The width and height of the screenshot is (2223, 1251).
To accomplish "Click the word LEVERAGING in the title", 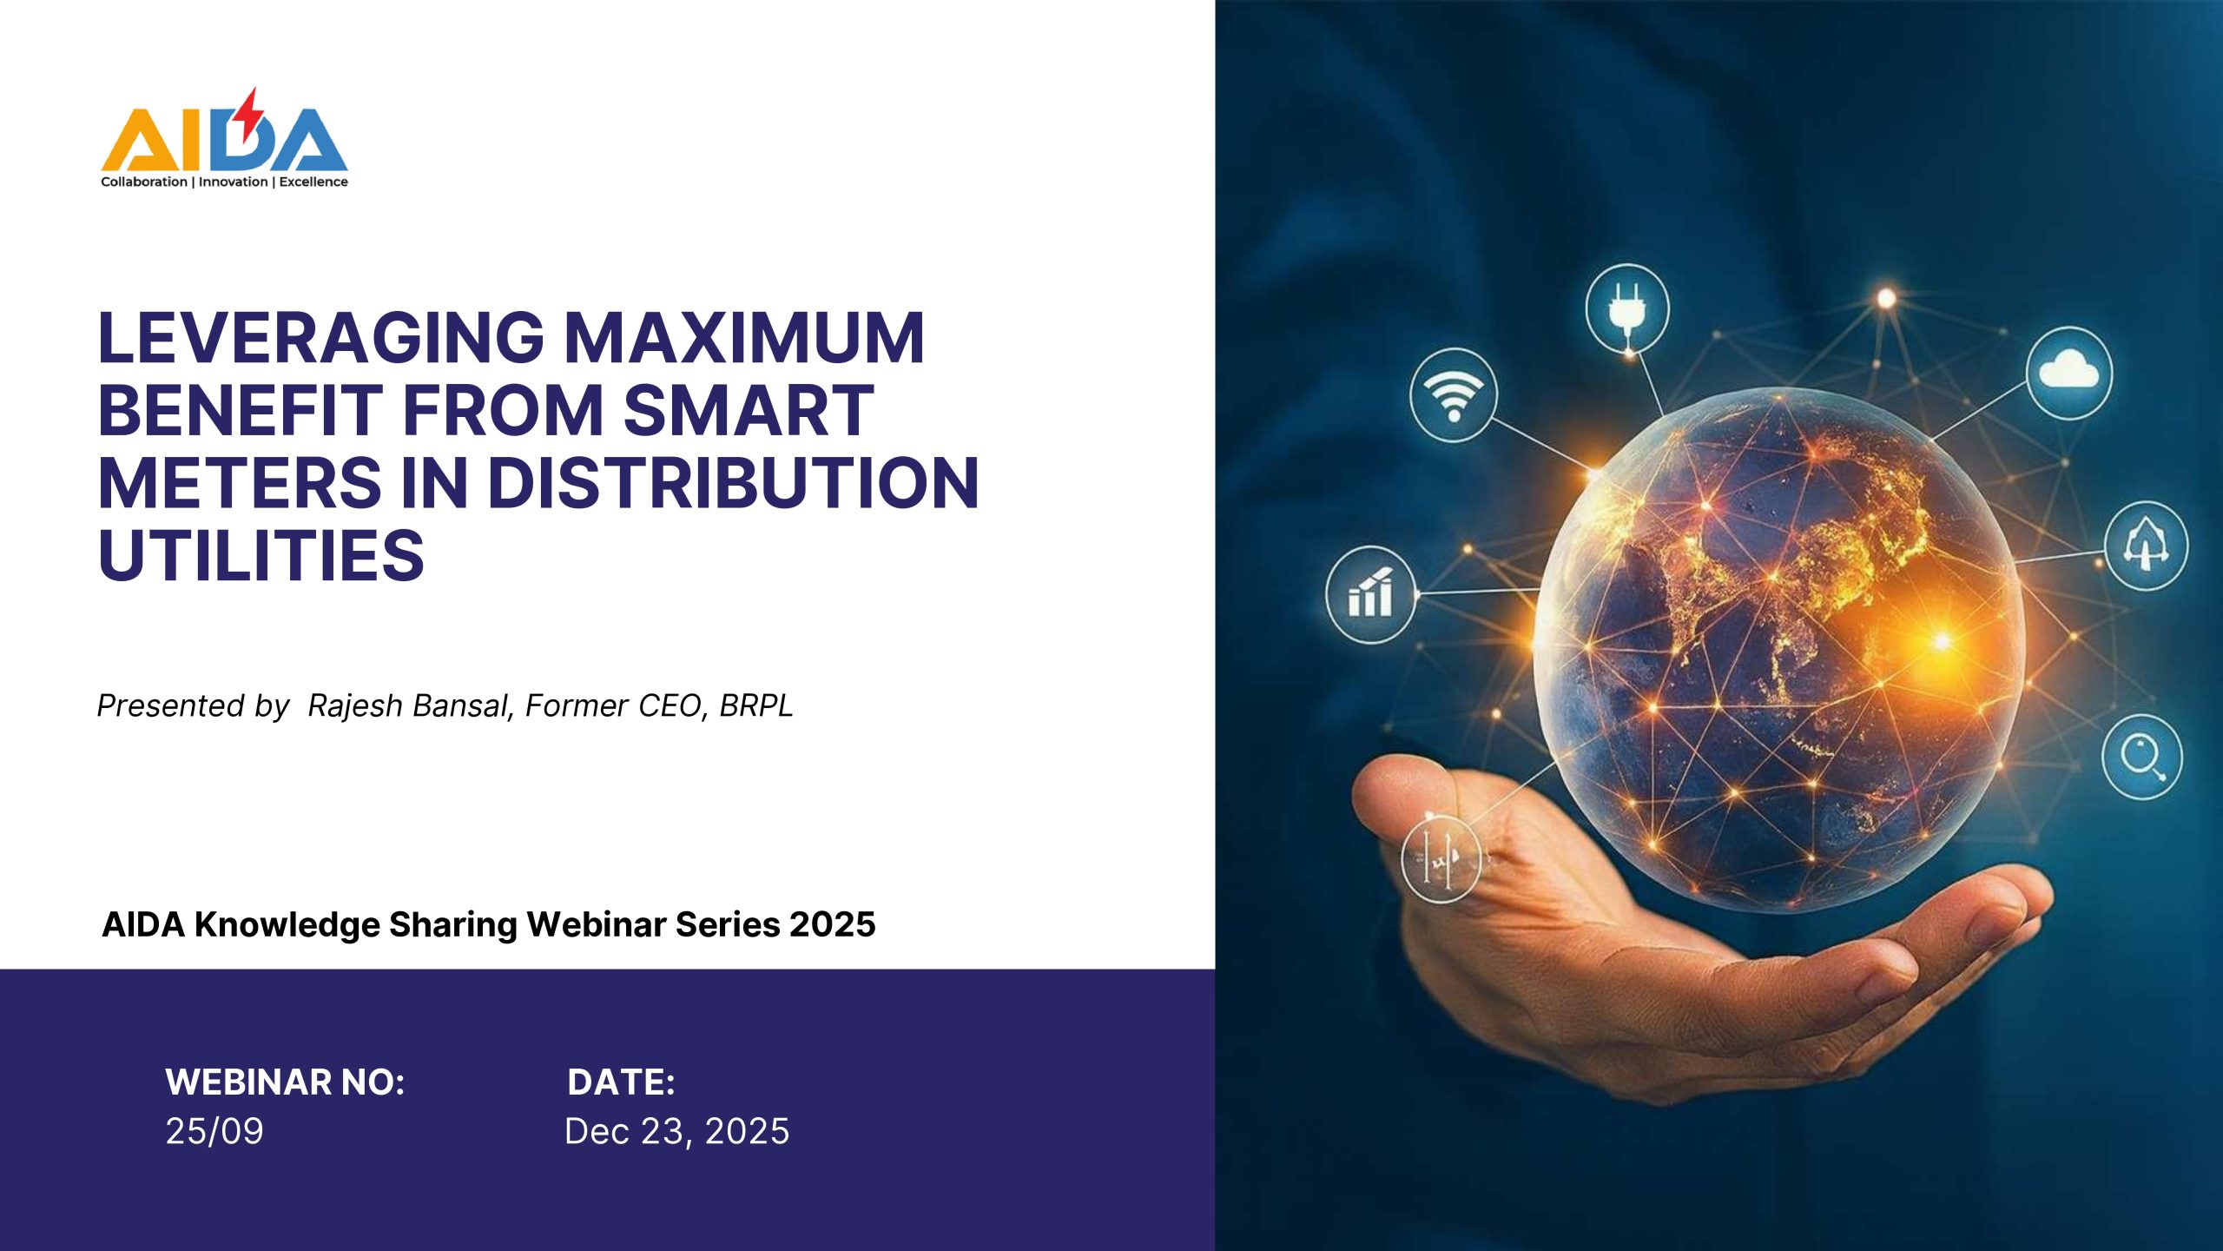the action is click(x=321, y=338).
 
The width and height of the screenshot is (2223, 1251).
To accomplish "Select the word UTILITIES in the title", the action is click(x=261, y=555).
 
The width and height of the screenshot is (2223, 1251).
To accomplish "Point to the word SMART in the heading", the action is click(x=749, y=410).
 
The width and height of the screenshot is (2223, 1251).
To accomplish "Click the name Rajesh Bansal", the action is click(x=406, y=705).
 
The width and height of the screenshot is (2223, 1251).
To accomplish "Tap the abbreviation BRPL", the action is click(x=756, y=705).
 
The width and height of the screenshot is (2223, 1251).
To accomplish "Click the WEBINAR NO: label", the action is click(x=285, y=1082).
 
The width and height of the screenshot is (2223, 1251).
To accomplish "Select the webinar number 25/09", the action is click(x=214, y=1131).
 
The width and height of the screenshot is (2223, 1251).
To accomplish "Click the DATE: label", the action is click(x=621, y=1082).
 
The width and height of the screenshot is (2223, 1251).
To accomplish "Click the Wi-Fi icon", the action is click(x=1454, y=395).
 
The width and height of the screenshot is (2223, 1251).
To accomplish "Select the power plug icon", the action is click(x=1626, y=309).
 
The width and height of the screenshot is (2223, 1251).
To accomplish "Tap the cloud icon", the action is click(x=2068, y=374).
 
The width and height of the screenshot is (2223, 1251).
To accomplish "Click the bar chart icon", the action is click(x=1370, y=595).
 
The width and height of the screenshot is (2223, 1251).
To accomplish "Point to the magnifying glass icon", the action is click(x=2142, y=757).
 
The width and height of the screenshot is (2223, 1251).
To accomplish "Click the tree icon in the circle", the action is click(x=2146, y=546).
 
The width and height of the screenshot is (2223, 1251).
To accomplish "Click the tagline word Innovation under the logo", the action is click(x=233, y=182).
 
